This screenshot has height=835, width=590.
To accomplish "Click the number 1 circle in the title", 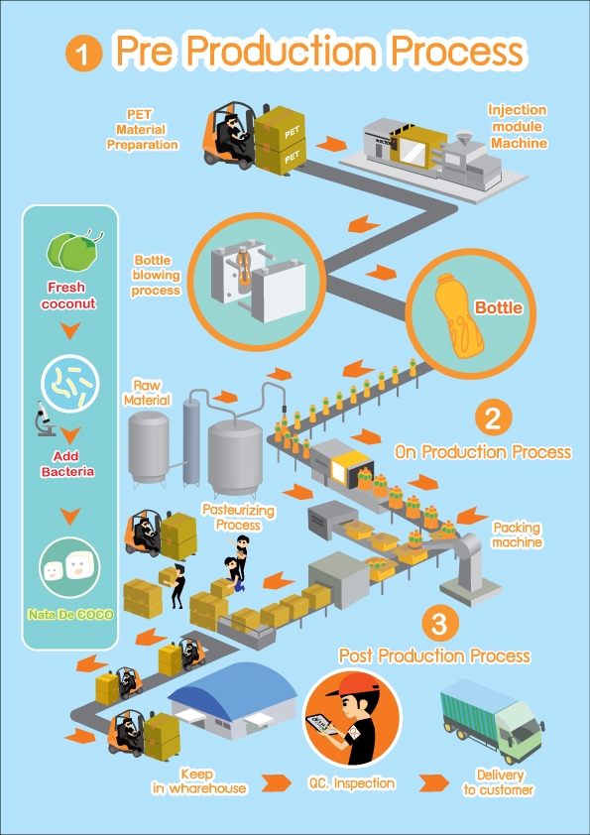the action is (x=82, y=54).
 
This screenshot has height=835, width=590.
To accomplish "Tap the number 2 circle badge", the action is (x=493, y=418).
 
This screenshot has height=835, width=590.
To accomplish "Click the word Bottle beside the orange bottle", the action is (x=499, y=307).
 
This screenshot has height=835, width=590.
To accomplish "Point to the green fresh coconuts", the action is (x=73, y=250).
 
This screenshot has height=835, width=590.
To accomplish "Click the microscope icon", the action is (x=46, y=418).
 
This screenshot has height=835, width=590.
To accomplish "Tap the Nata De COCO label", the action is (x=70, y=615).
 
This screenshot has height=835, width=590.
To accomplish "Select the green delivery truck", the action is (x=492, y=721).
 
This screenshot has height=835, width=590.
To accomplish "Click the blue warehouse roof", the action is (x=233, y=689).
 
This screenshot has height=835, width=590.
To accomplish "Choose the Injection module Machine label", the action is (x=519, y=127).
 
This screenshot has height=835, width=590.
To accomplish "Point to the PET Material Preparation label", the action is (x=142, y=129).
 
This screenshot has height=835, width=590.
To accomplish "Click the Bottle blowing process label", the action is (x=156, y=276).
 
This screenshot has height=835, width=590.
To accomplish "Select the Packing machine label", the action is (x=517, y=535).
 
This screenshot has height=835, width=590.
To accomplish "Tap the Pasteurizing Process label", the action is (x=238, y=518).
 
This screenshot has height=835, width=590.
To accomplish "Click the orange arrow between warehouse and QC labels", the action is (x=276, y=782).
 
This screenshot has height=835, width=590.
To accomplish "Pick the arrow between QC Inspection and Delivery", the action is (x=433, y=782).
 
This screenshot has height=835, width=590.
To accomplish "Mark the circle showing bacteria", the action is (x=69, y=381).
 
